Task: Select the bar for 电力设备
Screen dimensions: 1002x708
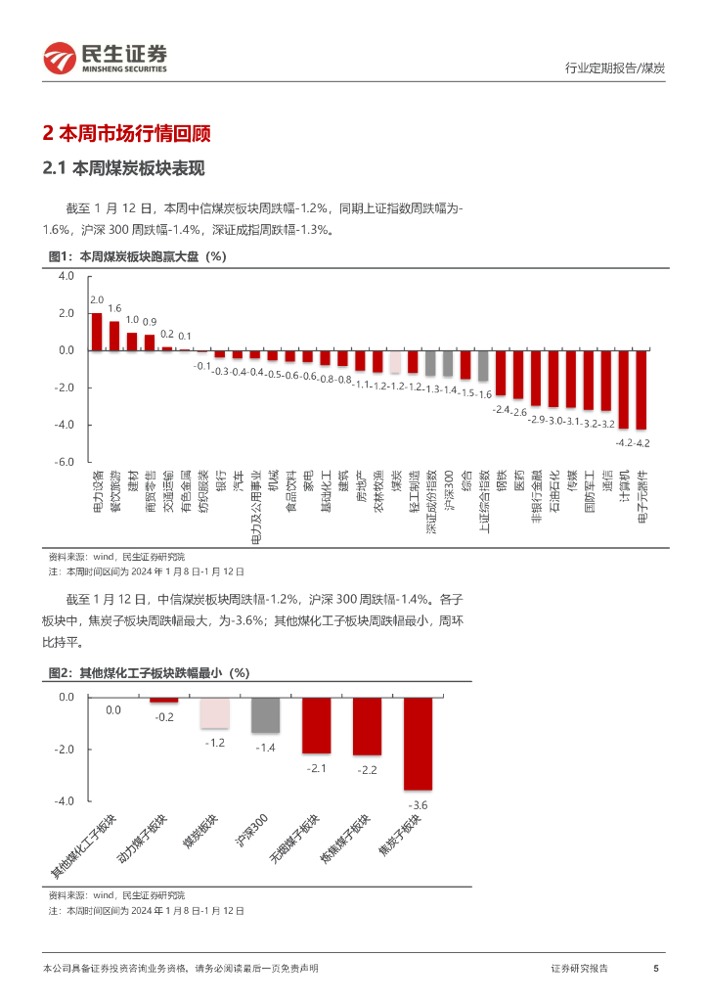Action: click(96, 332)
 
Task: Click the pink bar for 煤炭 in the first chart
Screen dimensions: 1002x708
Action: click(395, 361)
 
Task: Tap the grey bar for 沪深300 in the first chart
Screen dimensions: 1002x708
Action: click(448, 363)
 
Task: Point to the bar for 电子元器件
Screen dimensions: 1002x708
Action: click(642, 389)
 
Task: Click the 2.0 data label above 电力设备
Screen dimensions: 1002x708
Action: click(97, 300)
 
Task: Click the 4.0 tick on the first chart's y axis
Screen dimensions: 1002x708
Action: click(66, 277)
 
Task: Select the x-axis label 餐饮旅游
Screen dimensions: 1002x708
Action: click(114, 490)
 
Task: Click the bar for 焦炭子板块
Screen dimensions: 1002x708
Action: click(418, 744)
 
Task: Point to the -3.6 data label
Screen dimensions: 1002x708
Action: click(418, 805)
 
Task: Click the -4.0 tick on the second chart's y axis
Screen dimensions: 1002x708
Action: click(66, 801)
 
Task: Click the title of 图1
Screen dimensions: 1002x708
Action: click(137, 257)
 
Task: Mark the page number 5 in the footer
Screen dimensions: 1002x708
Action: click(655, 968)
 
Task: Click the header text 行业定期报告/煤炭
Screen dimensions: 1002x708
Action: click(615, 68)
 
